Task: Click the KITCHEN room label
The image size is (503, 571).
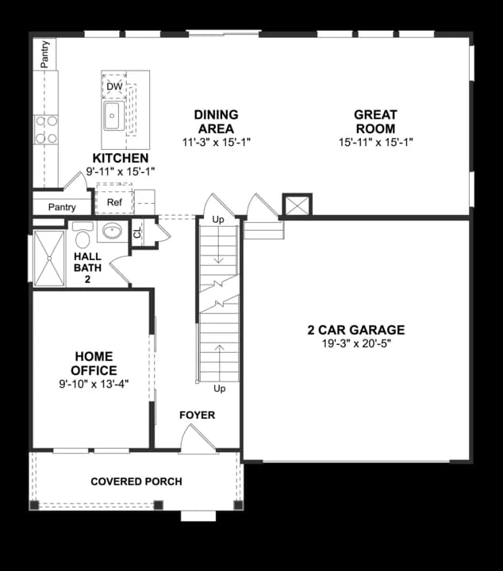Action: pos(120,159)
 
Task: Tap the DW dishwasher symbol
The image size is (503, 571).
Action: pos(114,86)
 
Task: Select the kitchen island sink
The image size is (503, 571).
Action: pos(112,115)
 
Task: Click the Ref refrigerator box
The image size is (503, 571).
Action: pos(113,202)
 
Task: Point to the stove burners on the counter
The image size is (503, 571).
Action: pos(46,129)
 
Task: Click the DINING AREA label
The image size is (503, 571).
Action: pos(216,121)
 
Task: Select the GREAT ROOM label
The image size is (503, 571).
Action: pos(375,121)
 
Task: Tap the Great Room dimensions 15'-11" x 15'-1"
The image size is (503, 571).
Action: pos(375,142)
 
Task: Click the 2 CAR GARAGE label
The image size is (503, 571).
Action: pos(356,330)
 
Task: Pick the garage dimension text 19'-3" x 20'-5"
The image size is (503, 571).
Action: pos(356,343)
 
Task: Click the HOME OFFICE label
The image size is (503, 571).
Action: pos(93,364)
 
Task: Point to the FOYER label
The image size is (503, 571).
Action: pos(197,415)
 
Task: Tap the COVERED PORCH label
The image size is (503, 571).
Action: pos(136,481)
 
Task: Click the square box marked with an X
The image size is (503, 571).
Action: pos(297,205)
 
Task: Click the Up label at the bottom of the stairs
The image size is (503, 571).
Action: pos(220,389)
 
